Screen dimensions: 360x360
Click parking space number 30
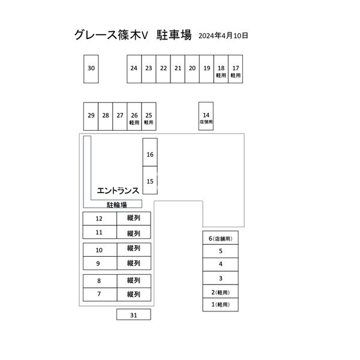point(91,68)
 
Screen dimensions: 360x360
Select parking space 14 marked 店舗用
point(206,116)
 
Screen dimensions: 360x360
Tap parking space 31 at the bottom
point(133,314)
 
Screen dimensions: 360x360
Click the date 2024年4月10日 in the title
point(223,35)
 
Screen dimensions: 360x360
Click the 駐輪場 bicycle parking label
point(116,205)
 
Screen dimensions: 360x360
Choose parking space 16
point(150,154)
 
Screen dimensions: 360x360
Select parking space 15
point(150,181)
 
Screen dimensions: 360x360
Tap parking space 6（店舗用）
point(220,239)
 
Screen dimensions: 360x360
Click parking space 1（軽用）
point(220,305)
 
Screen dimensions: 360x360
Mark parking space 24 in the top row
point(134,68)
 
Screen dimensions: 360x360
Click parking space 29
point(91,116)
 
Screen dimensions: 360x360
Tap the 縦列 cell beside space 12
point(133,218)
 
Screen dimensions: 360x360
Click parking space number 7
point(99,295)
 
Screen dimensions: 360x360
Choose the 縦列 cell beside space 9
point(133,263)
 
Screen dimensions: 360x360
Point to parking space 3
point(220,278)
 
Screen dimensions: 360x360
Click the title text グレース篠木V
point(111,35)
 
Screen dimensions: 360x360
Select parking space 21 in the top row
point(178,68)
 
